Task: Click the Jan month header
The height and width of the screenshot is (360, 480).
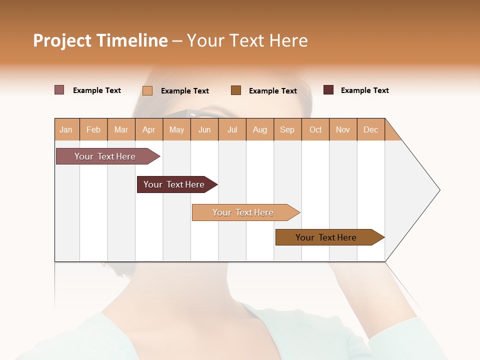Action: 66,129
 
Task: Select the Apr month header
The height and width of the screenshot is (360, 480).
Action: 149,129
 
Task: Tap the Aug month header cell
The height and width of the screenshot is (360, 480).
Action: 260,129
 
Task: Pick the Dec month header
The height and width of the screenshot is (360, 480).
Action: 370,129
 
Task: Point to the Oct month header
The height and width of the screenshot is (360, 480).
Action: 315,129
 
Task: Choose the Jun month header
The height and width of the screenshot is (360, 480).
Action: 204,129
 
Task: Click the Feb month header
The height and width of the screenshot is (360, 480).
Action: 93,129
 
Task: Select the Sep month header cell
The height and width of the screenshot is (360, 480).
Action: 287,129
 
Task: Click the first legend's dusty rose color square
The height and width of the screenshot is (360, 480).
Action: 59,90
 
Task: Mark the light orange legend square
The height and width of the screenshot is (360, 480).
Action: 147,90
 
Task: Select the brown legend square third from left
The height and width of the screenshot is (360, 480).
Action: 236,90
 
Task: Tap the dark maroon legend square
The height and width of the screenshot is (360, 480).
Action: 328,90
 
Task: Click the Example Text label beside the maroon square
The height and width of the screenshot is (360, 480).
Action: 364,90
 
